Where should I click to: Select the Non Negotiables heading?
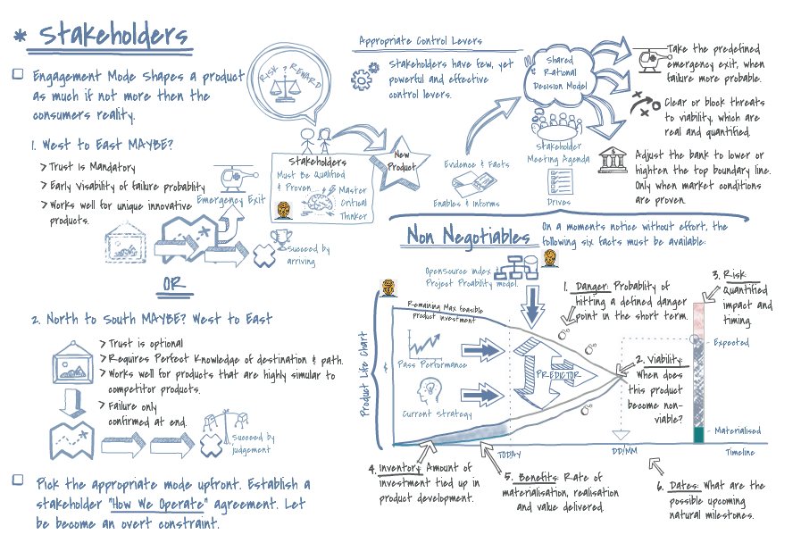467,236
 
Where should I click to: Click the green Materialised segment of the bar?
699,434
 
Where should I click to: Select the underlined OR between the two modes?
176,284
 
